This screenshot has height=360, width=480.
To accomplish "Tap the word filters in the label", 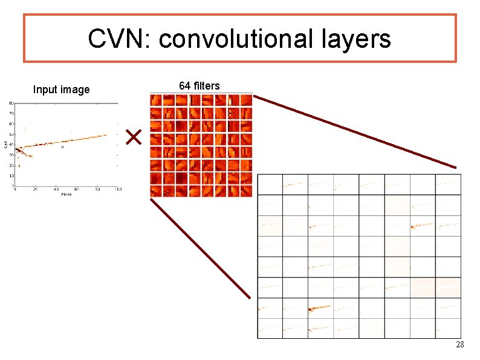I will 207,86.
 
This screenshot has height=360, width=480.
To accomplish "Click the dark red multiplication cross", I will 133,137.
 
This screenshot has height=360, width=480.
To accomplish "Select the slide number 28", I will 459,345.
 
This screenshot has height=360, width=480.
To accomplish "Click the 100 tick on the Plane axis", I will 118,189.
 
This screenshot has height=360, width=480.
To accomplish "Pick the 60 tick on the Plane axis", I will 77,189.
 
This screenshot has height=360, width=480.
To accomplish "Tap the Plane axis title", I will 65,194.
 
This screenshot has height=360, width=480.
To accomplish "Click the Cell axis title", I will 5,144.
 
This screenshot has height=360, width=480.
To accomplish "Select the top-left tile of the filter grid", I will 157,100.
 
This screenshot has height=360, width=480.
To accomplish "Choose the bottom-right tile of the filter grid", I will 246,190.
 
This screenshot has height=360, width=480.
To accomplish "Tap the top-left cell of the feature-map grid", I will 270,185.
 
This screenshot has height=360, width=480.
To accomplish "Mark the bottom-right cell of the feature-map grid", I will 448,329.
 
